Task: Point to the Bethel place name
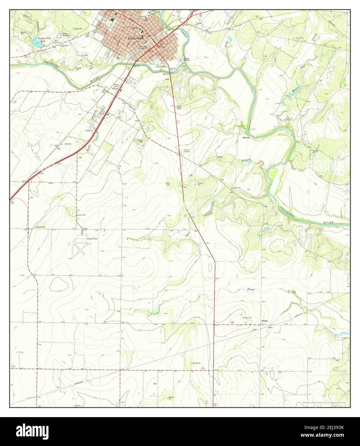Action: point(264,321)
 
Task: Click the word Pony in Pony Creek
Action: point(250,289)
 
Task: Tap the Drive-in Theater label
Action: point(187,150)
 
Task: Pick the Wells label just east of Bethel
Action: point(270,328)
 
